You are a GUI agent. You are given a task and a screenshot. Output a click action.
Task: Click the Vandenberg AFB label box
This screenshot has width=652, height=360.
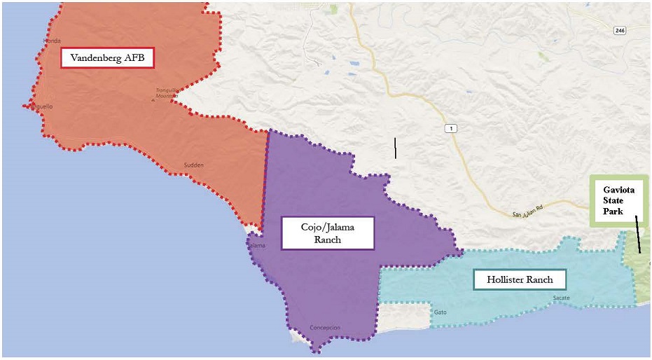click(x=107, y=58)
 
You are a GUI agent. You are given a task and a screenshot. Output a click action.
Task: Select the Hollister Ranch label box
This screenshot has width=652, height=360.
click(x=520, y=280)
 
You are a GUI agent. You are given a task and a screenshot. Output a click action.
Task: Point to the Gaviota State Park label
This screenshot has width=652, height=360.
click(x=618, y=200)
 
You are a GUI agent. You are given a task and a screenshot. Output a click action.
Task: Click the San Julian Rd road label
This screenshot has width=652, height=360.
click(x=528, y=214)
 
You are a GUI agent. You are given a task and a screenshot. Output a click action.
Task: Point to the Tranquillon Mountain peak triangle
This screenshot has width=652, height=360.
click(x=153, y=99)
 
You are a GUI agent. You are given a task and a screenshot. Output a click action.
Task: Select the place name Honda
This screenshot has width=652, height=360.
click(x=53, y=41)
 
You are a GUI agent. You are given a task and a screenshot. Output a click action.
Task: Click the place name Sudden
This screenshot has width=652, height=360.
click(x=193, y=165)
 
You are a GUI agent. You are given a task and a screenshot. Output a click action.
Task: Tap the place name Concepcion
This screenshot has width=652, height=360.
click(x=324, y=328)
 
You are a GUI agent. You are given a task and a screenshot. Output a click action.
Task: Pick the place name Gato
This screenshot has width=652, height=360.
click(x=440, y=312)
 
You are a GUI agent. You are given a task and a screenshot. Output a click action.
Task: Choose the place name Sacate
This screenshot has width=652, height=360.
click(x=561, y=298)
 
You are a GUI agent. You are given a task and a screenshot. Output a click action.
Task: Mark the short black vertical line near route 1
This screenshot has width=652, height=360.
click(x=396, y=148)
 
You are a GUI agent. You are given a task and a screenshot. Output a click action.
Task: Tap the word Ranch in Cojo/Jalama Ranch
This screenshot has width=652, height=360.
click(x=328, y=240)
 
